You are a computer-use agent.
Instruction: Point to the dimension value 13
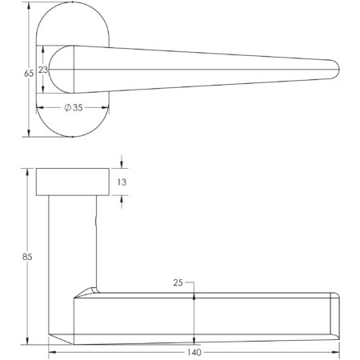tap(122, 182)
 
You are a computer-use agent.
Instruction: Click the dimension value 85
tap(28, 258)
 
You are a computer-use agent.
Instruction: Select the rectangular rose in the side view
tap(72, 182)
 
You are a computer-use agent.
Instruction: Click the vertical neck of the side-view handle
tap(71, 240)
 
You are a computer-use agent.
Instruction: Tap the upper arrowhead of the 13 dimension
tap(122, 165)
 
